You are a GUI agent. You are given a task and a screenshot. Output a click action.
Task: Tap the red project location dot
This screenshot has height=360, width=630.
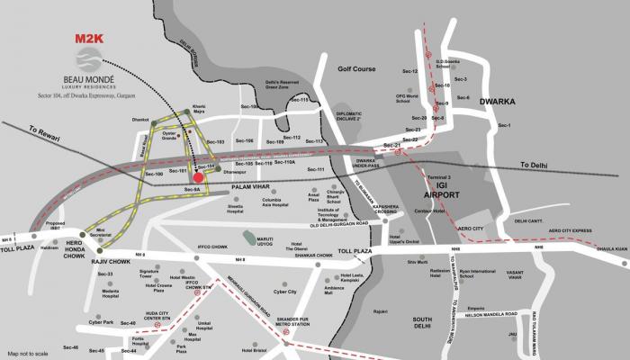199,177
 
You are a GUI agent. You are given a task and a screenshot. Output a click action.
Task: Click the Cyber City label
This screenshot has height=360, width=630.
285,292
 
